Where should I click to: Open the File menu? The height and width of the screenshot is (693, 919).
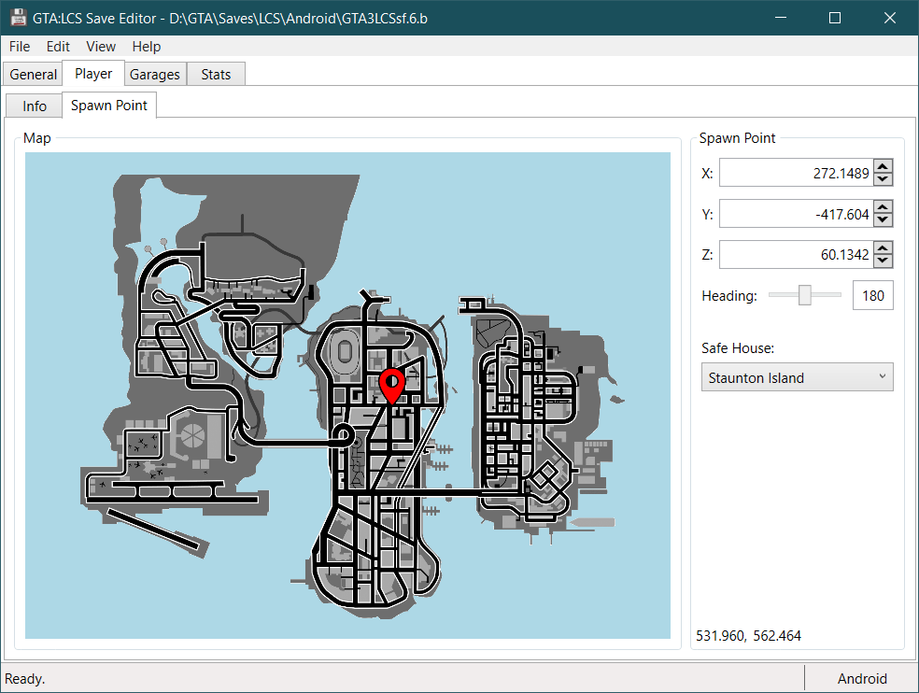tap(20, 47)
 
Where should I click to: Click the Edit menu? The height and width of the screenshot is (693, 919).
tap(58, 47)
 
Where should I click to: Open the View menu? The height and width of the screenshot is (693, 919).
tap(101, 47)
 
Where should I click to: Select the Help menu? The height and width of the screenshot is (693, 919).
tap(146, 47)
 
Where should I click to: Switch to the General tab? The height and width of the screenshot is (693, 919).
tap(34, 75)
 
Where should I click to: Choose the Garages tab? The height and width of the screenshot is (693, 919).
tap(155, 75)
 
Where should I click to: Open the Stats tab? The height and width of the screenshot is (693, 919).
tap(216, 75)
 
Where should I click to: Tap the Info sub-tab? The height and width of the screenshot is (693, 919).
tap(35, 106)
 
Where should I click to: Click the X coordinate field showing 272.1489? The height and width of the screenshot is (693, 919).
tap(796, 173)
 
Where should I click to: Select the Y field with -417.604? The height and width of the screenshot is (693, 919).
tap(796, 214)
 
